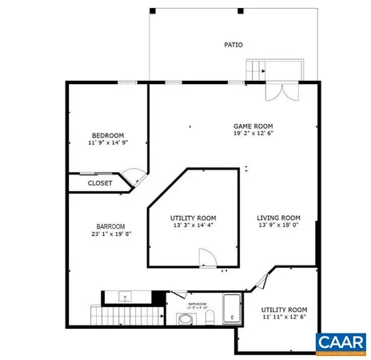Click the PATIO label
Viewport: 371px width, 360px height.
(233, 45)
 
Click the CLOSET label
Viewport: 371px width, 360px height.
(100, 183)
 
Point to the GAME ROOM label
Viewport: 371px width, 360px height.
(254, 126)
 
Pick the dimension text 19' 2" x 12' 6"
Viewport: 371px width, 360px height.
(254, 134)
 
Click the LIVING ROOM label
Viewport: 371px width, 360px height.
(277, 218)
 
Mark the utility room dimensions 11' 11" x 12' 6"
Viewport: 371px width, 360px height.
(285, 317)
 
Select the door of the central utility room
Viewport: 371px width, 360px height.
(207, 258)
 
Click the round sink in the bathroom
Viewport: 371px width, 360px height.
(185, 319)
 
